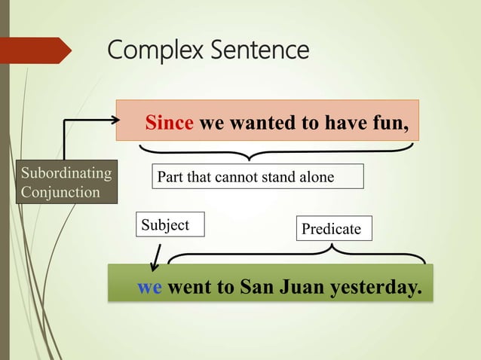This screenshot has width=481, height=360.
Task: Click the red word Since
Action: (x=170, y=124)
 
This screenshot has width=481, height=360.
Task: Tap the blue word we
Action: (x=149, y=288)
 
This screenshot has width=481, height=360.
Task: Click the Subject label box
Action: (x=170, y=225)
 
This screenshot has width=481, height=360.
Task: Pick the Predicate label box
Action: (x=332, y=229)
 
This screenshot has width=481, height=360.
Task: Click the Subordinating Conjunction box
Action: (x=66, y=182)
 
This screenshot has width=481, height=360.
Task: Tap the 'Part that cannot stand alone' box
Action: (x=257, y=177)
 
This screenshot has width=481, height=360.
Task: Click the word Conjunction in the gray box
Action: (x=60, y=192)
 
